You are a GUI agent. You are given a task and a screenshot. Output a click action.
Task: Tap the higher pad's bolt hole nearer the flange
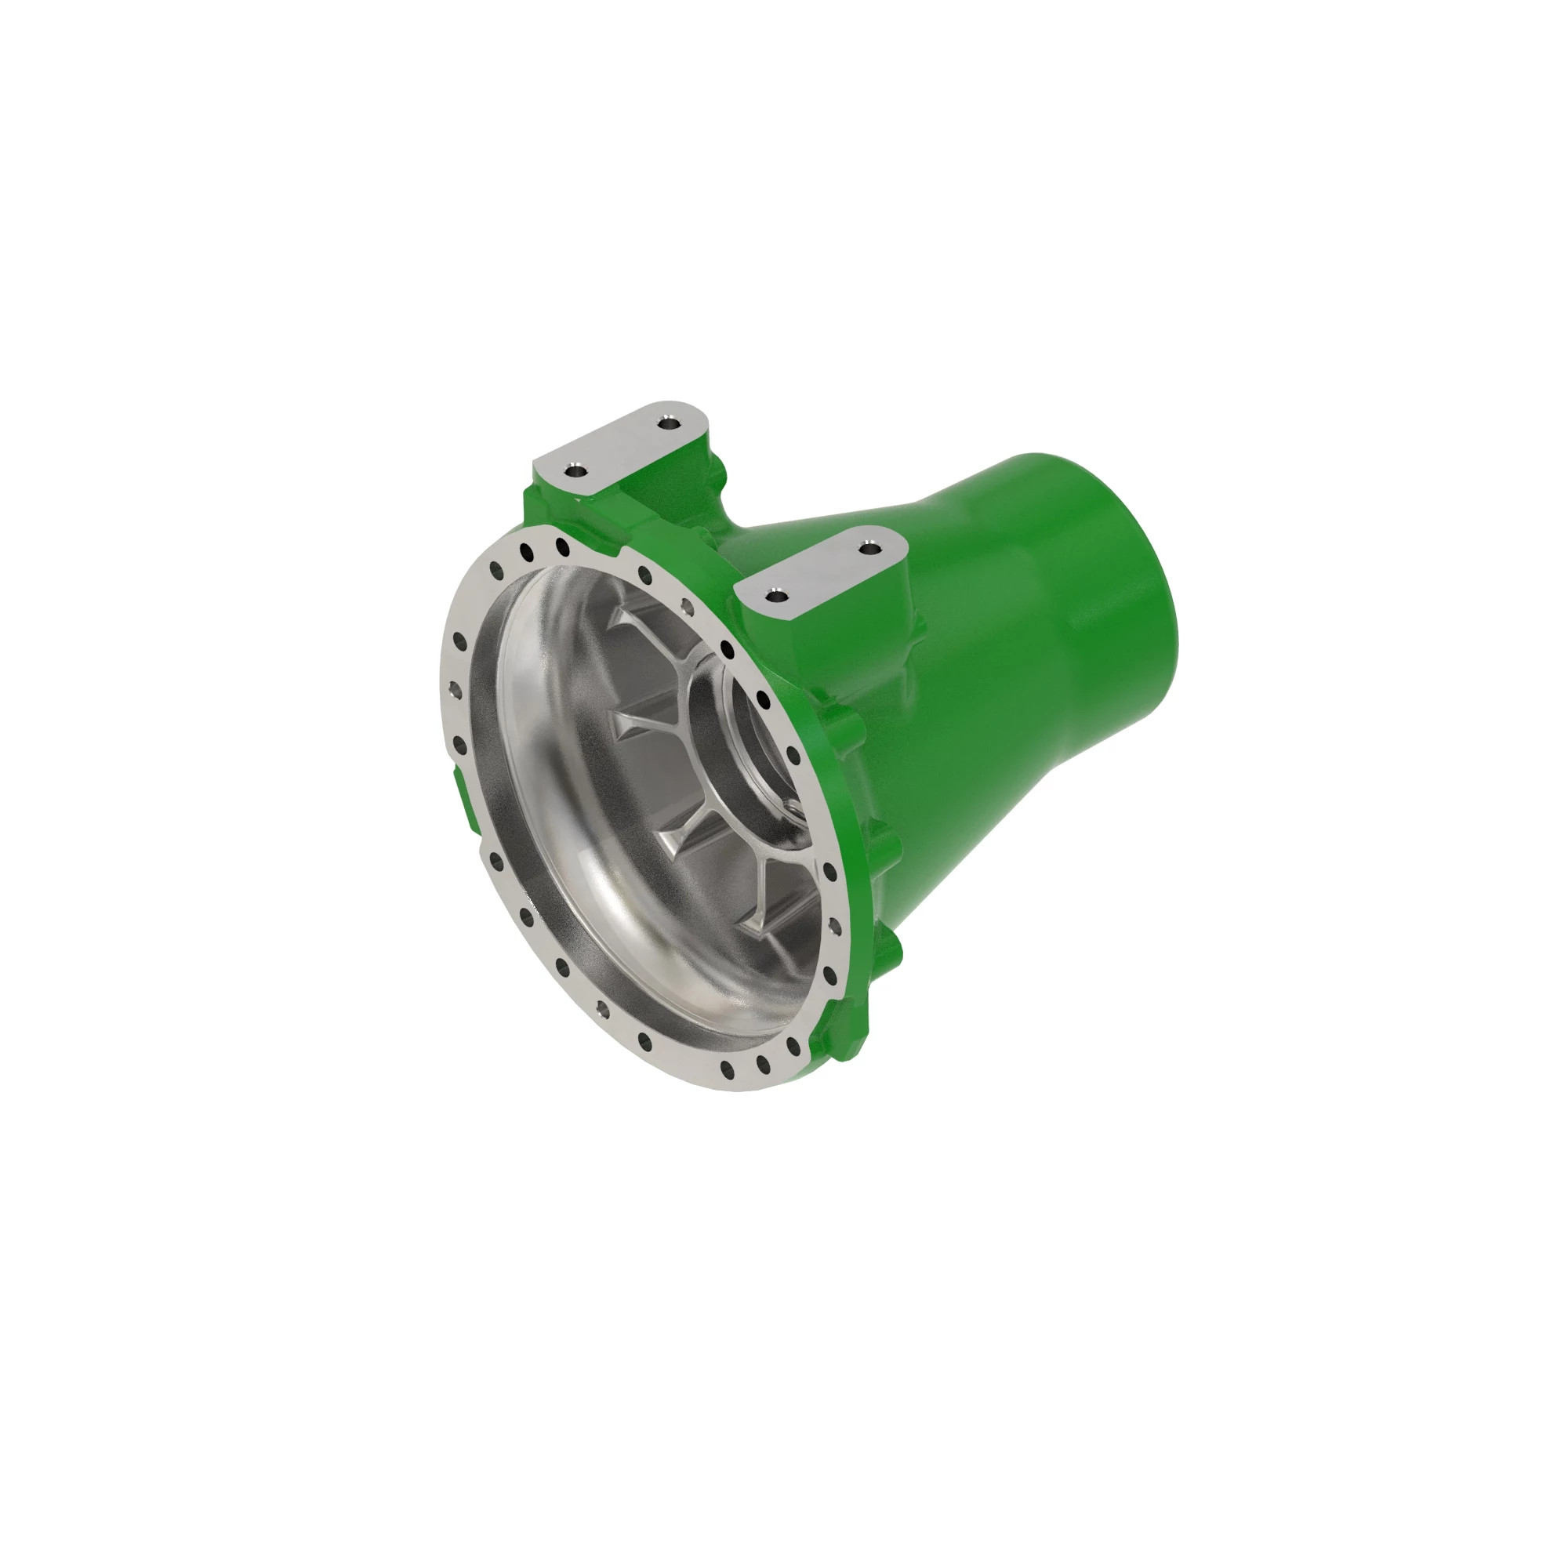click(x=575, y=470)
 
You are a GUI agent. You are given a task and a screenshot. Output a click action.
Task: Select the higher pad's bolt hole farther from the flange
click(x=669, y=423)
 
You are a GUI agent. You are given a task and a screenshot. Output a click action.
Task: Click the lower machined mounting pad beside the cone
click(x=824, y=572)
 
